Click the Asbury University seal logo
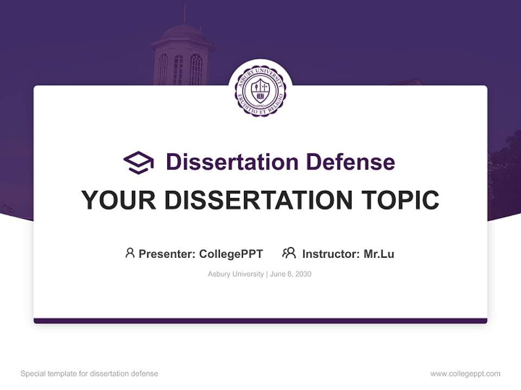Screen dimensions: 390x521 point(260,90)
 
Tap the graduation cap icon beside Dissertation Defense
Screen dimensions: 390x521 point(138,162)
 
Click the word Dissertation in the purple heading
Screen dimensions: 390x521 point(232,162)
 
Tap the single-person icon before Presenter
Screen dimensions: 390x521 point(130,253)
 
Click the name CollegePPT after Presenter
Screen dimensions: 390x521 point(231,254)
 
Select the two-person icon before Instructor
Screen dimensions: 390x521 point(289,253)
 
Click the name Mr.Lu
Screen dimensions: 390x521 point(379,254)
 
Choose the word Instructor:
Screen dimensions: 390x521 point(331,254)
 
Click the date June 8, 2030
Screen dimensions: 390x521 point(290,274)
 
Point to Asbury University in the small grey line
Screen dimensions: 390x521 point(236,274)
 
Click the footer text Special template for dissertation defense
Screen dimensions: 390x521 point(89,374)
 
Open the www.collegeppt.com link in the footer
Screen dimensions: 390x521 point(465,374)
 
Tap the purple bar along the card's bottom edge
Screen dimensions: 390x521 point(260,321)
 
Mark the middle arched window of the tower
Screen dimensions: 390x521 point(178,69)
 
